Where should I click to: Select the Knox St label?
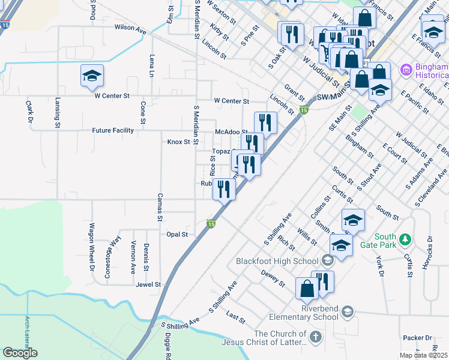178,142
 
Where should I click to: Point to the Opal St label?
177,235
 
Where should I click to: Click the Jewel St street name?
148,284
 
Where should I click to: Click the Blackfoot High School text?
277,261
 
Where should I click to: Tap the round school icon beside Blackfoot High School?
327,260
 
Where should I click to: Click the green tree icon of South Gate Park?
406,239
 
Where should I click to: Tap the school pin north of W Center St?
92,76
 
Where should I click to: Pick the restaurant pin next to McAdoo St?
265,123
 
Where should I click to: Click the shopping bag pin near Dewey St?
307,289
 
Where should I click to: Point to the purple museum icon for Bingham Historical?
406,71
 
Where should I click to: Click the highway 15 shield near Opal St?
211,224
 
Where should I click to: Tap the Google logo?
20,353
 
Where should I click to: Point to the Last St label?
236,318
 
